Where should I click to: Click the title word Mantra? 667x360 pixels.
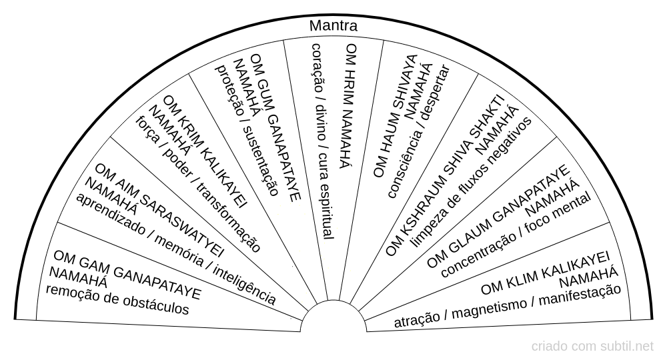[333, 26]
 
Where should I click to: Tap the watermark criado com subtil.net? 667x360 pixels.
[593, 347]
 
